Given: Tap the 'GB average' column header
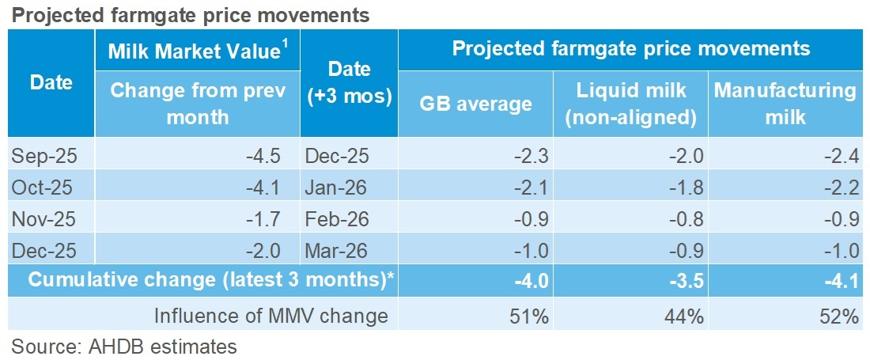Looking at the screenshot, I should (475, 104).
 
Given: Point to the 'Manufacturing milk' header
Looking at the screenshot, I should (785, 104).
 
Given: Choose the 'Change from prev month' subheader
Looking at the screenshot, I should (197, 104).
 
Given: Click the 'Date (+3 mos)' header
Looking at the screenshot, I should (348, 81).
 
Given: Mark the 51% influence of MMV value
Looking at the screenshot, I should (531, 316).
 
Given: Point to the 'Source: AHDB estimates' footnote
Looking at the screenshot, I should (124, 346).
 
